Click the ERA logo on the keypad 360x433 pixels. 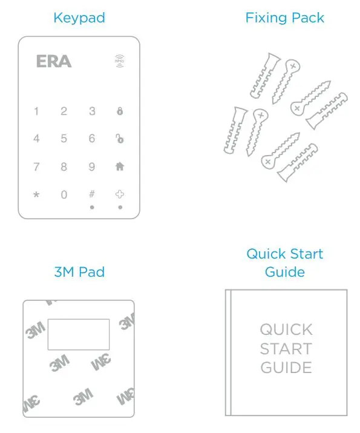pos(54,61)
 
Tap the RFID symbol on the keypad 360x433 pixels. pos(120,61)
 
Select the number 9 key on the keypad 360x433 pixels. pos(92,167)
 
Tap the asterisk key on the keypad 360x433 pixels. pos(36,195)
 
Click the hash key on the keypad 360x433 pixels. pos(92,194)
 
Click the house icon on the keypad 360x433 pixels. pos(120,167)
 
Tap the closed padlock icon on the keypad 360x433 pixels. pos(120,111)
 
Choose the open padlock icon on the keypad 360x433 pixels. pos(120,139)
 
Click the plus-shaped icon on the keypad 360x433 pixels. pos(120,194)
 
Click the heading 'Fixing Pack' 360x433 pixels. pos(284,18)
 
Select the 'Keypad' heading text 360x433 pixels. pos(79,18)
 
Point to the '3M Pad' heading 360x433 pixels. pos(79,272)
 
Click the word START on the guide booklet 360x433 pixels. pos(286,349)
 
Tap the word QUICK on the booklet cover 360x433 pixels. pos(286,330)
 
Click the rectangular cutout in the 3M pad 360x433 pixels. pos(79,334)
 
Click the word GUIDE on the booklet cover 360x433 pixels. pos(286,368)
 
